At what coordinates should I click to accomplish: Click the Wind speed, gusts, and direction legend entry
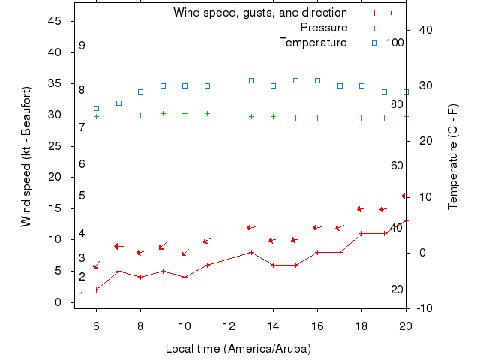coord(259,13)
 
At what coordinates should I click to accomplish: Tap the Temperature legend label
coord(313,43)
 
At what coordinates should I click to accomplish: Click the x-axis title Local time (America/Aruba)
coord(238,349)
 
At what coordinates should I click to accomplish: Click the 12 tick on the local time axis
coord(229,326)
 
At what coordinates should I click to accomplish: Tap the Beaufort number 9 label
coord(82,46)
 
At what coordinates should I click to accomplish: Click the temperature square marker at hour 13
coord(251,80)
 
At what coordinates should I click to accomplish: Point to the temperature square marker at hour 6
coord(96,108)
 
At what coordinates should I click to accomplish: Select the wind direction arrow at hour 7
coord(118,246)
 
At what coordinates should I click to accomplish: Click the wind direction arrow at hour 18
coord(361,209)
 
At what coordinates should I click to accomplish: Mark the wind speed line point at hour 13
coord(251,252)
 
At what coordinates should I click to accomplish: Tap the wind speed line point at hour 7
coord(118,271)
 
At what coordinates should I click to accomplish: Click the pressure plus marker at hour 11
coord(207,114)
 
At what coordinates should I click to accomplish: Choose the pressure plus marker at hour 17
coord(340,118)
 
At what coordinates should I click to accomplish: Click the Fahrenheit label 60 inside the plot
coord(397,166)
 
